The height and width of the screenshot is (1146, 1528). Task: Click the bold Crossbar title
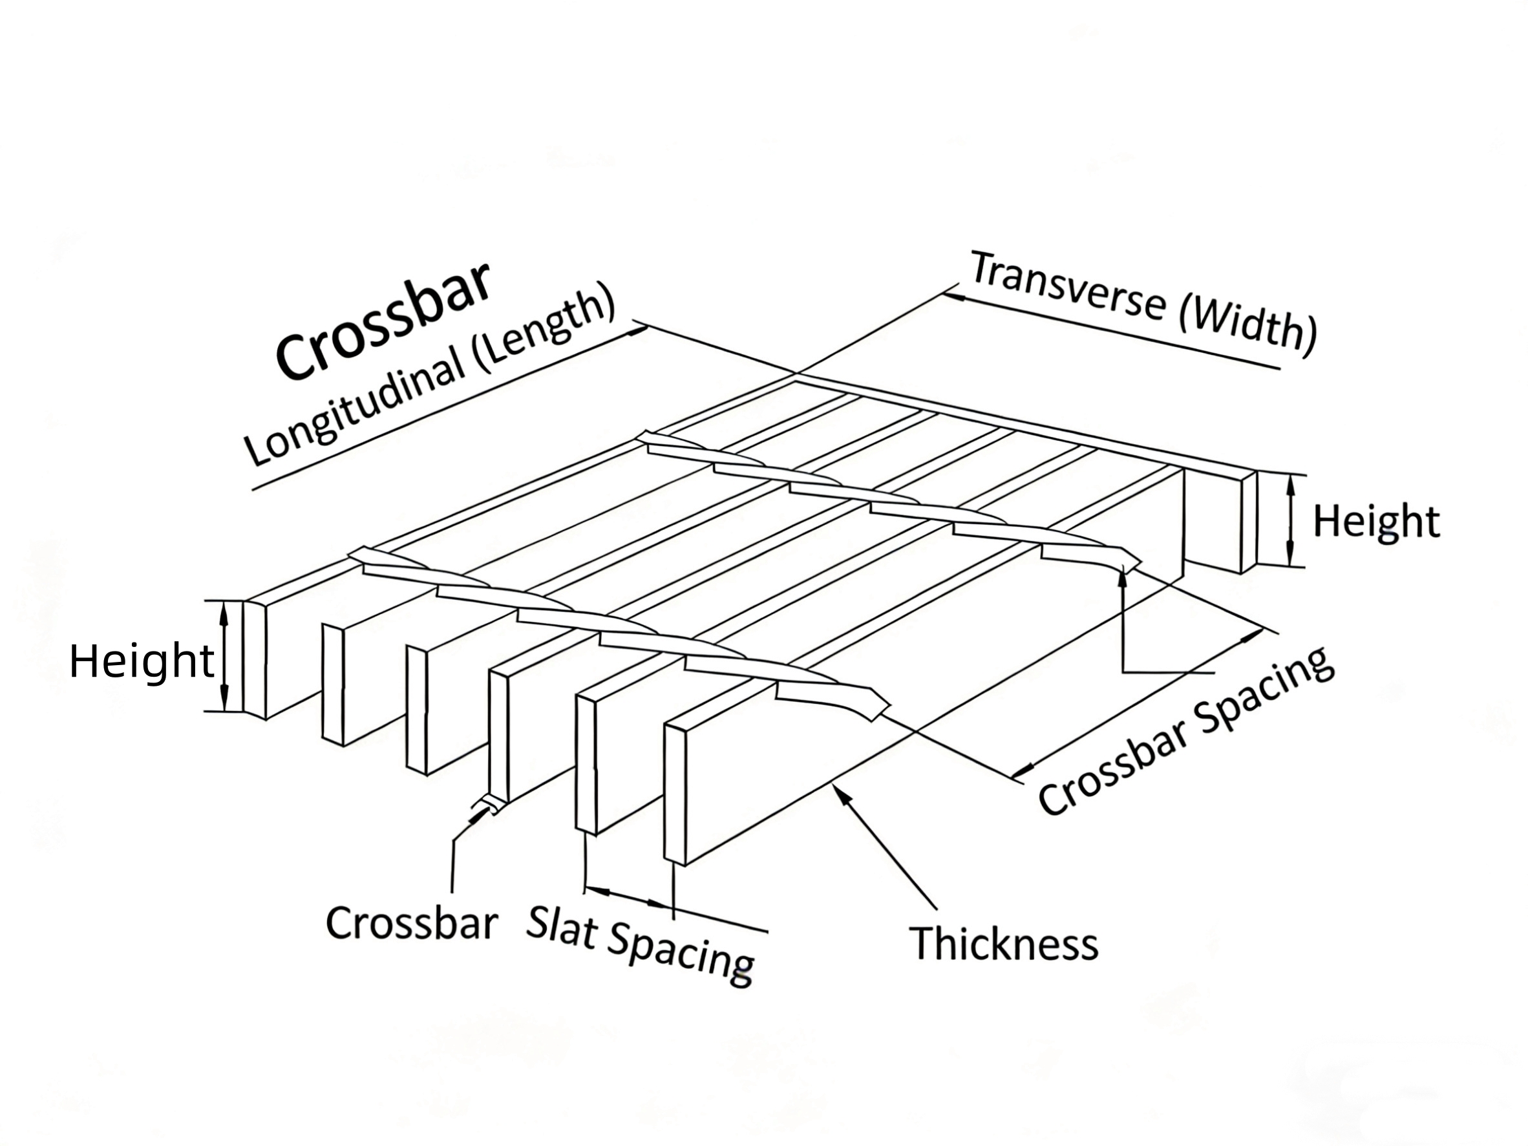383,321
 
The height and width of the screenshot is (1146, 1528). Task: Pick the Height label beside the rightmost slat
1376,522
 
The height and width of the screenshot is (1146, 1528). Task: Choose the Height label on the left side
142,661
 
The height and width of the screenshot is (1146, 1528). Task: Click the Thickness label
1003,944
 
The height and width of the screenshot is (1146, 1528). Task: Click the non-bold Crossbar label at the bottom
412,923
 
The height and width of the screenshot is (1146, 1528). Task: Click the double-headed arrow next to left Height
224,655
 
